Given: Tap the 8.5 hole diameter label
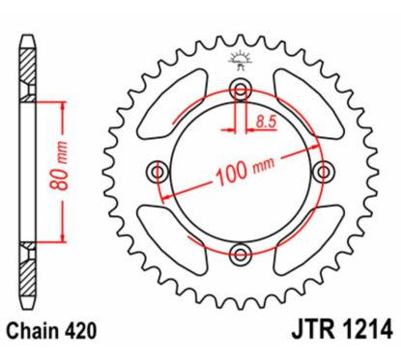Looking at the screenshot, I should (268, 121).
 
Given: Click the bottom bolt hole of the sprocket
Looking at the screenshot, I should (241, 253).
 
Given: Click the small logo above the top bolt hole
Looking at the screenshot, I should (240, 63).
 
